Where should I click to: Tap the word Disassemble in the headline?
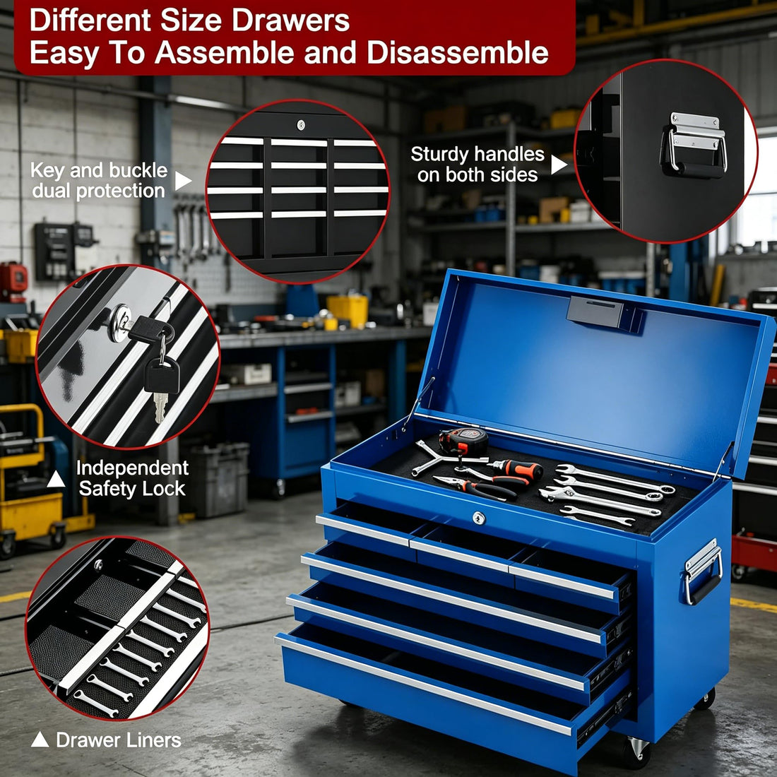[457, 54]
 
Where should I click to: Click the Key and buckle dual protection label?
[99, 181]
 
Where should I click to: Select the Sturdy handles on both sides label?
[478, 165]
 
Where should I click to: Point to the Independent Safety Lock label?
[132, 478]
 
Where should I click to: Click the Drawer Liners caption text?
[119, 740]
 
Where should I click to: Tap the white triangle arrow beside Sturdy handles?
[559, 165]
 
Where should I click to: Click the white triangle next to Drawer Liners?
[40, 740]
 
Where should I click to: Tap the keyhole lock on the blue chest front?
[479, 518]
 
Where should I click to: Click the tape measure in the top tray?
[463, 441]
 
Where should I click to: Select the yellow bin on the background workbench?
[348, 309]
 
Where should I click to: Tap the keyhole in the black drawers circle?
[301, 125]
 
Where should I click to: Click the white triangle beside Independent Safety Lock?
[56, 480]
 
